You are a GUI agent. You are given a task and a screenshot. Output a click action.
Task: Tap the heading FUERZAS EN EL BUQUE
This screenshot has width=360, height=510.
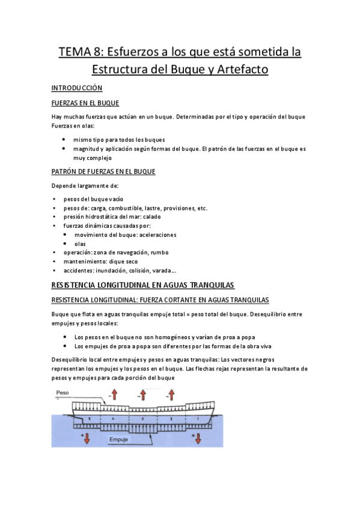point(85,103)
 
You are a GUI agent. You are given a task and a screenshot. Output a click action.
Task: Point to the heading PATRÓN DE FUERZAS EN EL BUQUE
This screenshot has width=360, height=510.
point(103,171)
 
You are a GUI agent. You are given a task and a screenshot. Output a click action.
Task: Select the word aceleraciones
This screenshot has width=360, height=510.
point(156,235)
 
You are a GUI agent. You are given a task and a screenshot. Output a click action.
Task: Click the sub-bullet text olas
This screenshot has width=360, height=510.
point(80,244)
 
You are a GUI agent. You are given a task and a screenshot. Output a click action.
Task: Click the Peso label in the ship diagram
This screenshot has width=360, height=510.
point(61,392)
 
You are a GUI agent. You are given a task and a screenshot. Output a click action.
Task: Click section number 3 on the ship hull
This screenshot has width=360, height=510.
point(142,417)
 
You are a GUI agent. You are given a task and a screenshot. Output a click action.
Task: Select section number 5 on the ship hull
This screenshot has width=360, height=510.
point(89,417)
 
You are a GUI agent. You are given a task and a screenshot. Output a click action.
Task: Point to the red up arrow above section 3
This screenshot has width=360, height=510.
point(143,395)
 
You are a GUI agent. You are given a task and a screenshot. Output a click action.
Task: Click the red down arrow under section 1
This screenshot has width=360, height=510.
point(198,438)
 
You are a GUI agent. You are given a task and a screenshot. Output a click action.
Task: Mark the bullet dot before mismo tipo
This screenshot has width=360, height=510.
point(64,138)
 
